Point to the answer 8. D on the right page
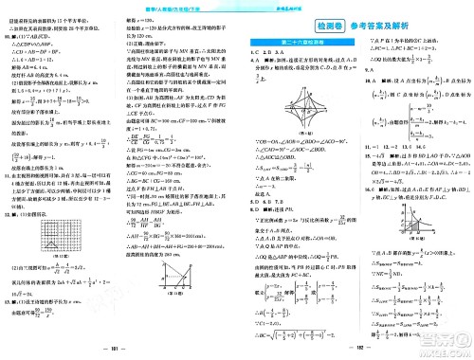[x=252, y=210]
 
